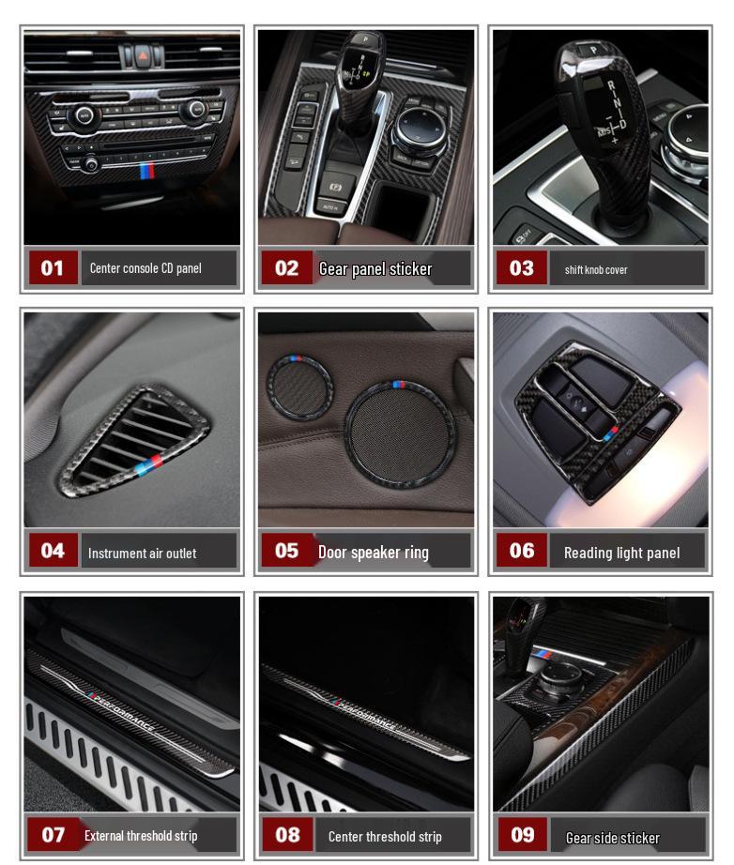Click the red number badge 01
[x=53, y=268]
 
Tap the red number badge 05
[x=286, y=551]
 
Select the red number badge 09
[x=522, y=835]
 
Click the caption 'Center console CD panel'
[x=145, y=268]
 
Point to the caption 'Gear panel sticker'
[x=375, y=269]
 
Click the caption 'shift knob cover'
[x=596, y=270]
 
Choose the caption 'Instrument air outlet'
[x=142, y=554]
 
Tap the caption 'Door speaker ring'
[x=373, y=553]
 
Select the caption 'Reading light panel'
[x=621, y=553]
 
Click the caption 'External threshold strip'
[x=141, y=835]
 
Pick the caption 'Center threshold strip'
[x=385, y=836]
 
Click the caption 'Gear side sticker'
[x=612, y=838]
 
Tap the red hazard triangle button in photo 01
[x=133, y=55]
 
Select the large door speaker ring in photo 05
[x=399, y=432]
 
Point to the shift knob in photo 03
[x=600, y=122]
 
